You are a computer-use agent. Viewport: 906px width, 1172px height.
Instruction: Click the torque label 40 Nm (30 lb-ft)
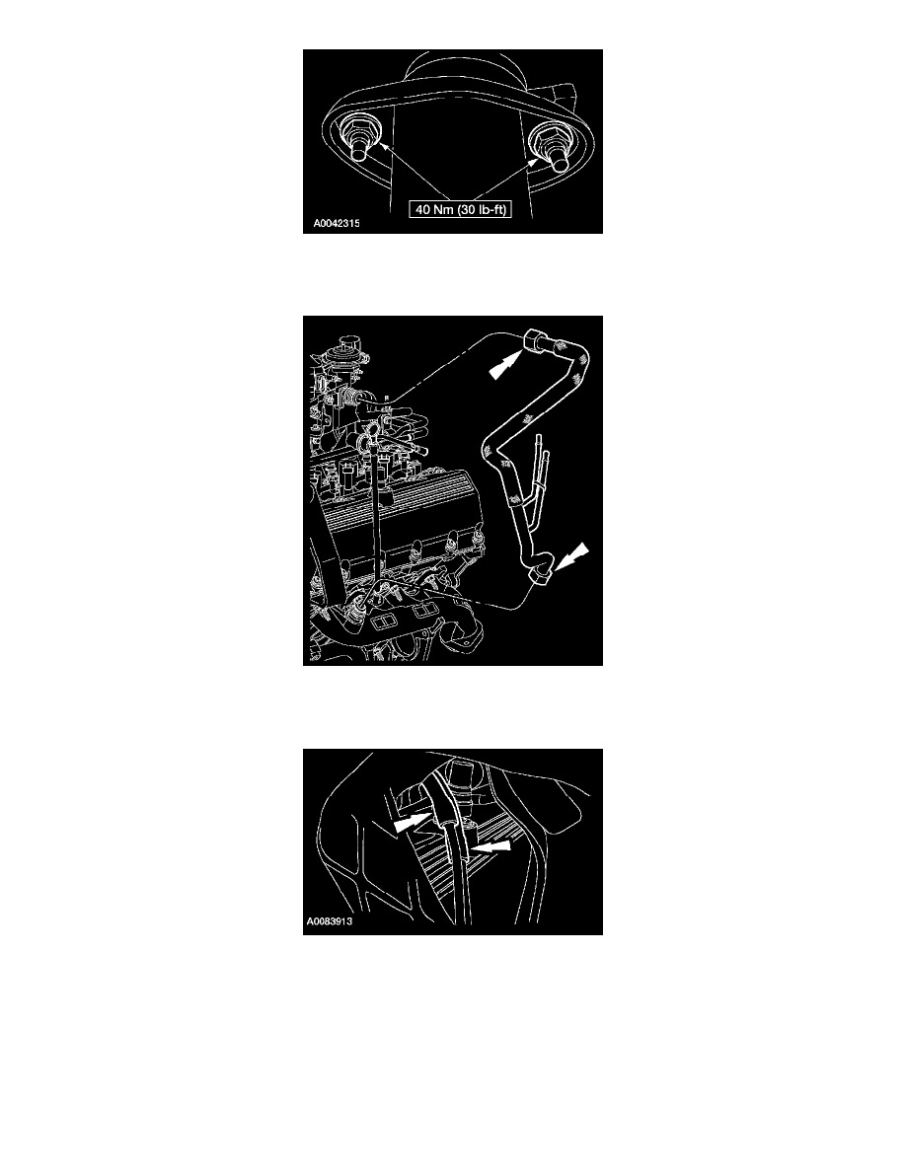tap(461, 210)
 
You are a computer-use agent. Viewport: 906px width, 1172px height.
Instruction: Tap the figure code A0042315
tap(337, 223)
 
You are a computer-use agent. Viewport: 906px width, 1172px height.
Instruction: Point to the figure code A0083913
tap(329, 920)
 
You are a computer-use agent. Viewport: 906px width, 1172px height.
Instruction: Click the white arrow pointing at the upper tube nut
tap(504, 365)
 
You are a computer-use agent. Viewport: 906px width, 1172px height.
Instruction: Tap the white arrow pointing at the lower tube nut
tap(571, 556)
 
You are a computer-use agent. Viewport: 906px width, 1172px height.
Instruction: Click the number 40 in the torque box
tap(423, 210)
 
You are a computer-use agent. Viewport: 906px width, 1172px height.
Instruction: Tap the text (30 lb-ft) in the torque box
tap(483, 210)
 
